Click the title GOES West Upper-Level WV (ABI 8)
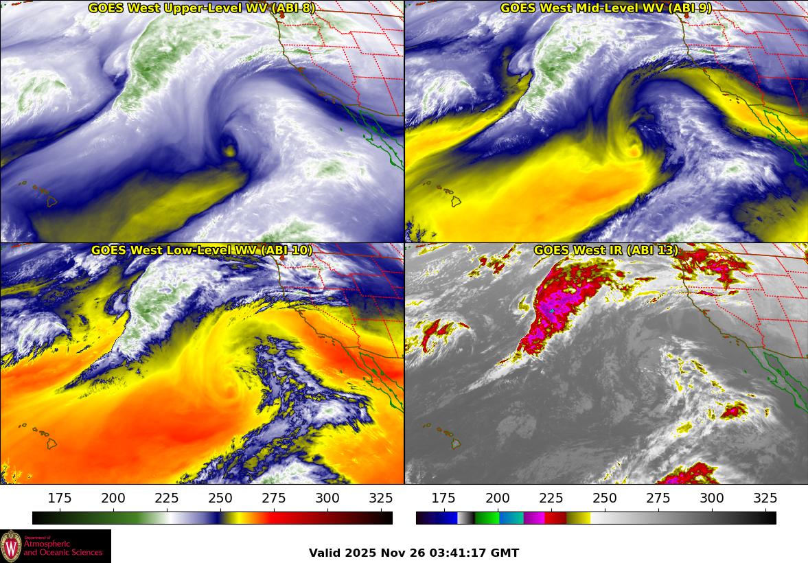pos(202,8)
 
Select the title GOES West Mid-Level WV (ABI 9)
pos(606,8)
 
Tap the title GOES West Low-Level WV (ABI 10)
pos(202,251)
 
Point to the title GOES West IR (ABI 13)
pos(606,251)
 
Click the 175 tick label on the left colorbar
pos(60,498)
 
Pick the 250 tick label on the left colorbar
pos(220,498)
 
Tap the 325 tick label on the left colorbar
pos(381,498)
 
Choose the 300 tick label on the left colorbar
pos(327,498)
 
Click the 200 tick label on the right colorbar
pos(497,498)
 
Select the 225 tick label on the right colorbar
pos(551,498)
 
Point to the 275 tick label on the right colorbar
pos(658,498)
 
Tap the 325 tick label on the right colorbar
pos(765,498)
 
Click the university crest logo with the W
pos(11,547)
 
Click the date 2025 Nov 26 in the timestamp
pos(384,553)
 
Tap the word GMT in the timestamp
pos(505,553)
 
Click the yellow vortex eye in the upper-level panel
pos(229,148)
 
